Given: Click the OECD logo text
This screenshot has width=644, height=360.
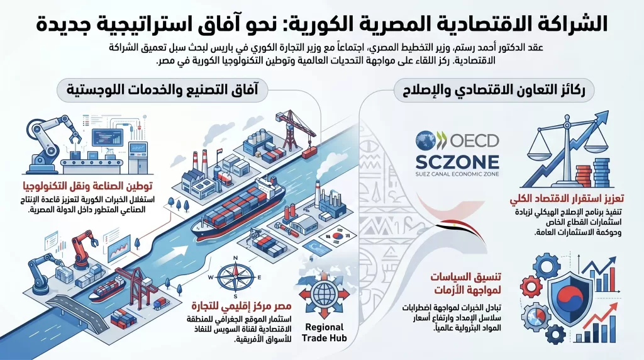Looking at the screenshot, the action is pos(474,140).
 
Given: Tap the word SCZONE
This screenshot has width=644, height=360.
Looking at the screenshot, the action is pos(457,162).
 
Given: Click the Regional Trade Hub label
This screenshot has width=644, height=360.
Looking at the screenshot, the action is pos(324,333).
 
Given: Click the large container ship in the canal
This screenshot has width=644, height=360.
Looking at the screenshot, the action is pos(238,210).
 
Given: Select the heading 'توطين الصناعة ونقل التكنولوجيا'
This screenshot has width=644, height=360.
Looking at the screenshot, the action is pos(87,186).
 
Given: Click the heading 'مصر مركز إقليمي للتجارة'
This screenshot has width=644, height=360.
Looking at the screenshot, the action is pos(241,306).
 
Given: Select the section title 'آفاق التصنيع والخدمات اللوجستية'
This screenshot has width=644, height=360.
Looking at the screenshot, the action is pos(162,89).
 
